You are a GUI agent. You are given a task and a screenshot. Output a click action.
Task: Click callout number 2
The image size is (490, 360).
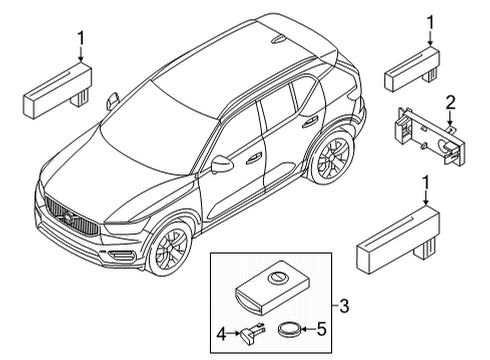pyautogui.click(x=450, y=101)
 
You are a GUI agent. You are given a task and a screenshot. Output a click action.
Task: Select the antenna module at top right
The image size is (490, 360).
pyautogui.click(x=413, y=70)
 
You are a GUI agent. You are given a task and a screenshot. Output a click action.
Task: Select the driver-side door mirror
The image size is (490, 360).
pyautogui.click(x=221, y=162)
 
